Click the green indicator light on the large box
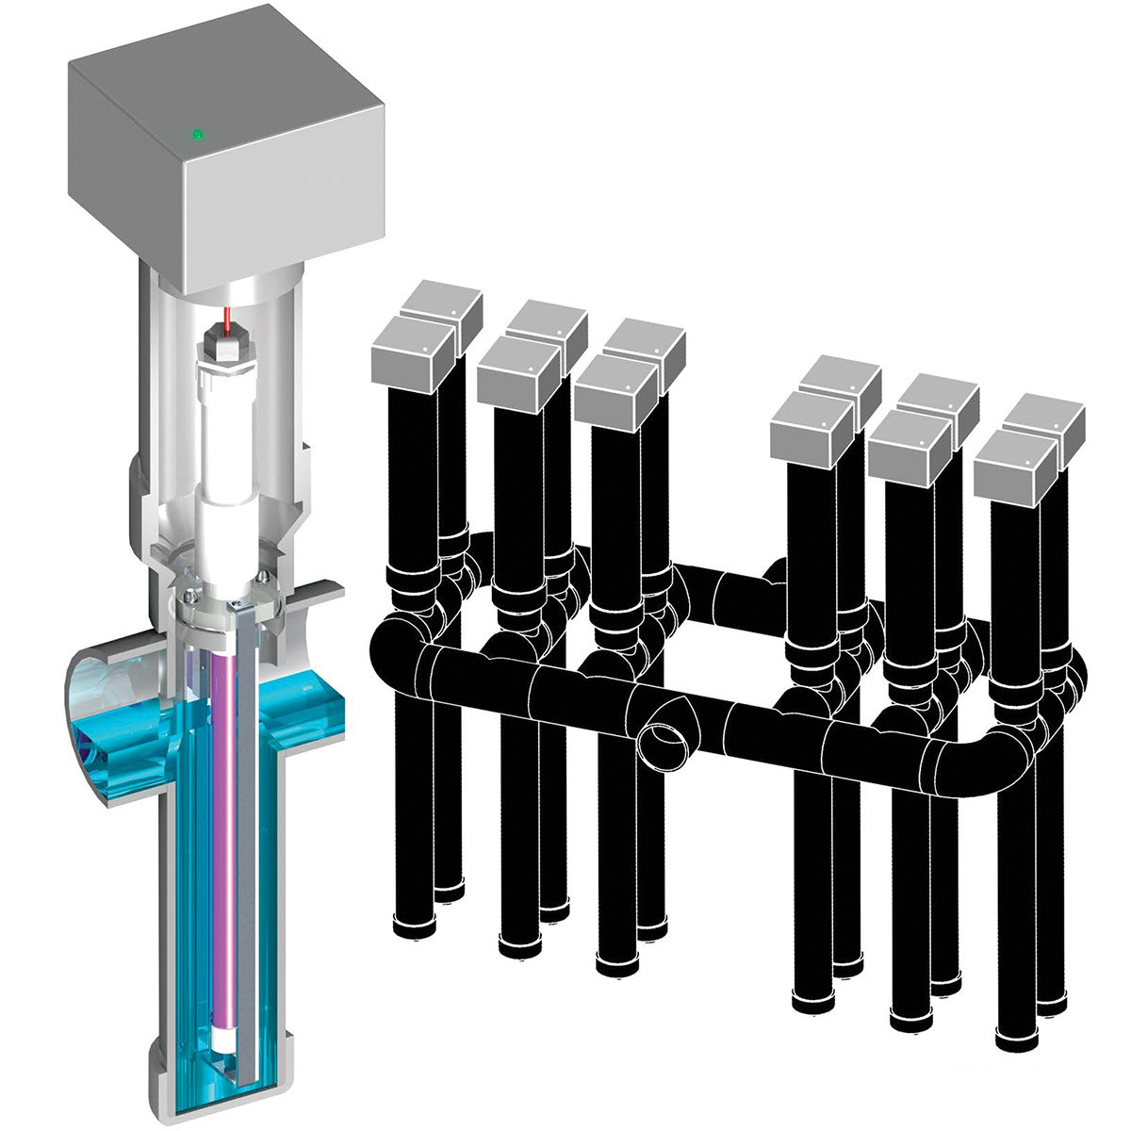coord(197,135)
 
